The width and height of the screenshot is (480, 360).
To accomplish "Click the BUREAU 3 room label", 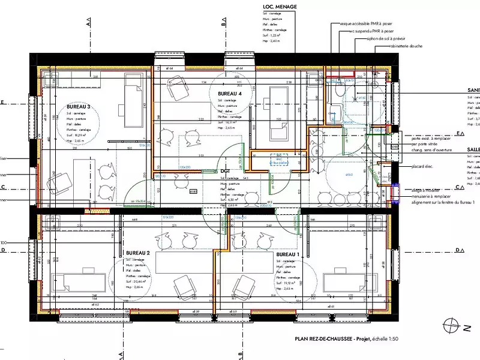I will [x=78, y=107].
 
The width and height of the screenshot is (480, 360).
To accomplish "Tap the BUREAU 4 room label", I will [x=230, y=94].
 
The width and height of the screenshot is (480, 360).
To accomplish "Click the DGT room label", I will [x=225, y=172].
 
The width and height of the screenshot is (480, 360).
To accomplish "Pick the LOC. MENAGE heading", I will [x=280, y=7].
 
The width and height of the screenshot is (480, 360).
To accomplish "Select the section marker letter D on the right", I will [x=457, y=250].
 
